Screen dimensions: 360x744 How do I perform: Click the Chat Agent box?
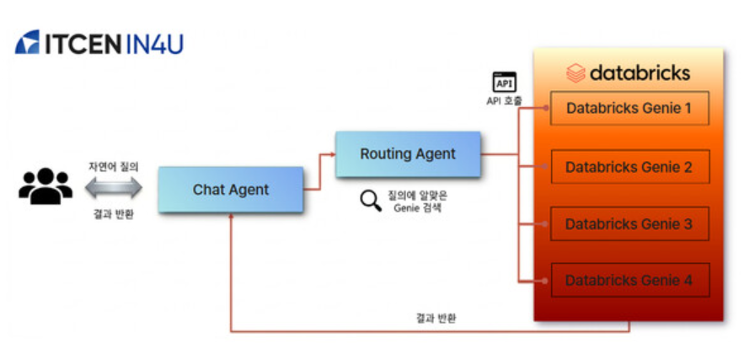tap(230, 190)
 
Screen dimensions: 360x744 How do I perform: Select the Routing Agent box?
tap(408, 154)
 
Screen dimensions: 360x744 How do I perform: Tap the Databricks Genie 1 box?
tap(629, 108)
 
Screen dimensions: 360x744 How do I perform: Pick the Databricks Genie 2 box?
tap(629, 167)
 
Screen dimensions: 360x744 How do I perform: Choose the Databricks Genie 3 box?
tap(629, 224)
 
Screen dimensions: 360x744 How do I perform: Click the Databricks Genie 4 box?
tap(629, 280)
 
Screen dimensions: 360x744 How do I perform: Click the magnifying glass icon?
tap(370, 201)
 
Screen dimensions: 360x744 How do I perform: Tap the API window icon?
tap(504, 83)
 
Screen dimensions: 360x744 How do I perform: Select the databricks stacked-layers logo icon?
tap(575, 73)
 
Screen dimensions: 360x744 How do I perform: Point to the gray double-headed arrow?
tap(113, 190)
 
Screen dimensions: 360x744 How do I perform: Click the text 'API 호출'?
tap(504, 101)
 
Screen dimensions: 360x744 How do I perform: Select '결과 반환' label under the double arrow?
tap(113, 213)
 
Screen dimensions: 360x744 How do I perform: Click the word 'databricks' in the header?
tap(640, 73)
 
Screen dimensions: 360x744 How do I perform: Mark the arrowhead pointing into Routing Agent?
tap(331, 155)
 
